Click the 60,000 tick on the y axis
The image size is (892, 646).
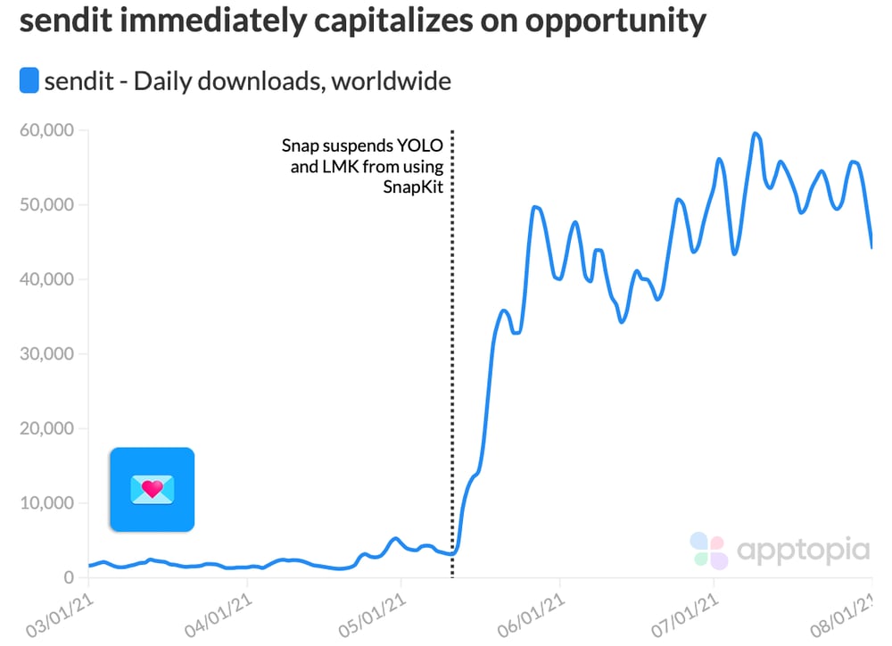(x=47, y=130)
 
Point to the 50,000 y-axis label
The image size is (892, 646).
(x=47, y=205)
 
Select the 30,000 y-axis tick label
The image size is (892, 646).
(x=47, y=354)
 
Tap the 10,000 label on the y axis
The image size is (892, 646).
(x=47, y=503)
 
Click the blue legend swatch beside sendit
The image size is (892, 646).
(x=29, y=81)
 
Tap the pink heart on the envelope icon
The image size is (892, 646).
(x=153, y=488)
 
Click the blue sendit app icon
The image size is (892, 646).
(x=152, y=489)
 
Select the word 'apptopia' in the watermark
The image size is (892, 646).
(x=803, y=550)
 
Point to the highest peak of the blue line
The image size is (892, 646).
(x=756, y=134)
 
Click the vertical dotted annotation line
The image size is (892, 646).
(x=452, y=357)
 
